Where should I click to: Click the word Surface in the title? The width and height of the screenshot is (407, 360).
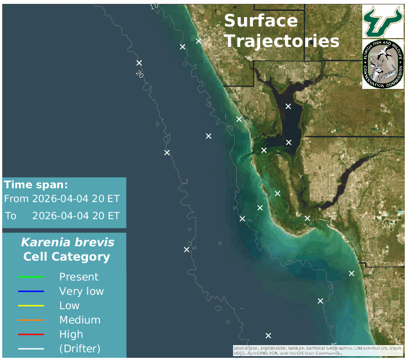[261, 21]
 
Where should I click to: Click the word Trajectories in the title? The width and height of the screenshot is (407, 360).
[282, 41]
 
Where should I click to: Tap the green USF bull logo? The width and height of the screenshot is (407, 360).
[383, 21]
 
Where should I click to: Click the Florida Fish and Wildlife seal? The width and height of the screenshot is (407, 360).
[383, 64]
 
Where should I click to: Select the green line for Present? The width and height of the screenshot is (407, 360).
[31, 277]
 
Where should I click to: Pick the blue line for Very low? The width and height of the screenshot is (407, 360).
[31, 291]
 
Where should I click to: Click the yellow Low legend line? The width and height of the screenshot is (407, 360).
[31, 305]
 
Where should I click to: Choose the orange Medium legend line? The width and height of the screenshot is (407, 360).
[31, 320]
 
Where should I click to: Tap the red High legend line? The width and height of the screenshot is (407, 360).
[31, 334]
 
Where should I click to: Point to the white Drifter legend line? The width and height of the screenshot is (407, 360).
[31, 348]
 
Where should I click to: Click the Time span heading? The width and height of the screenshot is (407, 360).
[36, 185]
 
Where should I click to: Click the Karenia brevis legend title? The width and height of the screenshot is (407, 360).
[67, 242]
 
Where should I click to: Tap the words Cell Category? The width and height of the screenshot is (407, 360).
[66, 257]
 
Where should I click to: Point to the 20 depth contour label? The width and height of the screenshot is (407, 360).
[140, 73]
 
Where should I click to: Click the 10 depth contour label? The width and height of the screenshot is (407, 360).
[154, 6]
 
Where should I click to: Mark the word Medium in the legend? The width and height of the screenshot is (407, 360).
[80, 320]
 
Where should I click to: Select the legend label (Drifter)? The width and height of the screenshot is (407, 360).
[80, 348]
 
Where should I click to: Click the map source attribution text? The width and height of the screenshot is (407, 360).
[317, 350]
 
